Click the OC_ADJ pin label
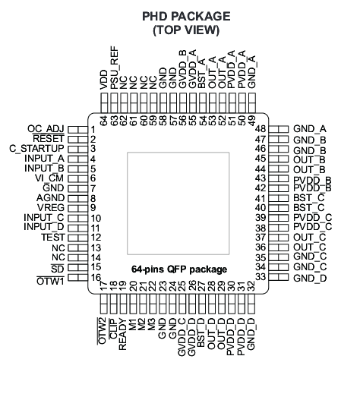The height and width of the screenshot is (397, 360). tap(46, 129)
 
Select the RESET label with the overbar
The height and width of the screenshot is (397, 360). tap(49, 138)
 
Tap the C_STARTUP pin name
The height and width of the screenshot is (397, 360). tap(36, 149)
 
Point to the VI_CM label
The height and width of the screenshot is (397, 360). tap(49, 178)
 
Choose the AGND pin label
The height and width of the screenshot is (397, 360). tap(50, 197)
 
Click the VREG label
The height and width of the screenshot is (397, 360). tap(51, 208)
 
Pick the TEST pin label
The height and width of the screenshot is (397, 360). tap(53, 238)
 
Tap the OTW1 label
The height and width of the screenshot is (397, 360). tap(50, 281)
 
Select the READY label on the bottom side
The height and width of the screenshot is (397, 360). tap(122, 334)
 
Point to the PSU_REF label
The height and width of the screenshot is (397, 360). tap(115, 68)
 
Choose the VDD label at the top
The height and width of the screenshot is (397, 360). tap(104, 80)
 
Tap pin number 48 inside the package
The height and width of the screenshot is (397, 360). tap(261, 129)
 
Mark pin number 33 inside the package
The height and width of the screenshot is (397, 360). tap(261, 277)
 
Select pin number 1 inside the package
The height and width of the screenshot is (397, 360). tap(93, 130)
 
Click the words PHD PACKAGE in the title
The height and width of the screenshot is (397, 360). tap(186, 17)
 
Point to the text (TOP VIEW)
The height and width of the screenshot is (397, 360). tap(186, 30)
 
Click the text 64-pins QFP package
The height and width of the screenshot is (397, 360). tap(179, 269)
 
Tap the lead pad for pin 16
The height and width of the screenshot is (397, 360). tap(77, 277)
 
